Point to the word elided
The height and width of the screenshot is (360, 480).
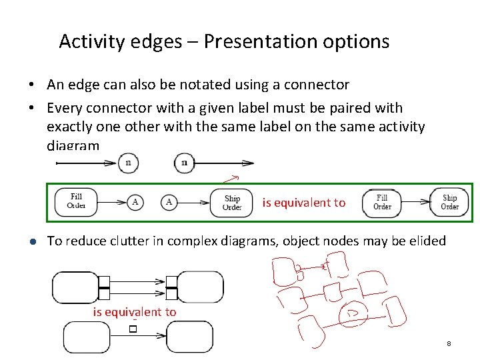pos(425,241)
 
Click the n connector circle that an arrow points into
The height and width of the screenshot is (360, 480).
pos(128,163)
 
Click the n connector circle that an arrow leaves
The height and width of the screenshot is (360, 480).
pos(184,163)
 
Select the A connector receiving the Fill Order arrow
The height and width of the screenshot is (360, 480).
pos(135,202)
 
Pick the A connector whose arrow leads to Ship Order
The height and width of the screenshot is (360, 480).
pos(169,202)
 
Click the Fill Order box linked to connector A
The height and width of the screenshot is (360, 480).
pos(77,201)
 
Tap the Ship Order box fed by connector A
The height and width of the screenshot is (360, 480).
pos(232,202)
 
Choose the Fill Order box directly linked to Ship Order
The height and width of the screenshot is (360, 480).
pos(382,202)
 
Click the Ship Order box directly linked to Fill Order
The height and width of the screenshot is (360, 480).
pos(450,202)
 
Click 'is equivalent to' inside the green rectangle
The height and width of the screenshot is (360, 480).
pos(304,203)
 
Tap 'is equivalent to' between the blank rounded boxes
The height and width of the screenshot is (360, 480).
pos(135,312)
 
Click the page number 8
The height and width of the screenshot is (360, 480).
pos(449,343)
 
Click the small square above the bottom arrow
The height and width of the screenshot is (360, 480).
pos(133,329)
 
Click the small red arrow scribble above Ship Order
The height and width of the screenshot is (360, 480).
pos(231,178)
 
